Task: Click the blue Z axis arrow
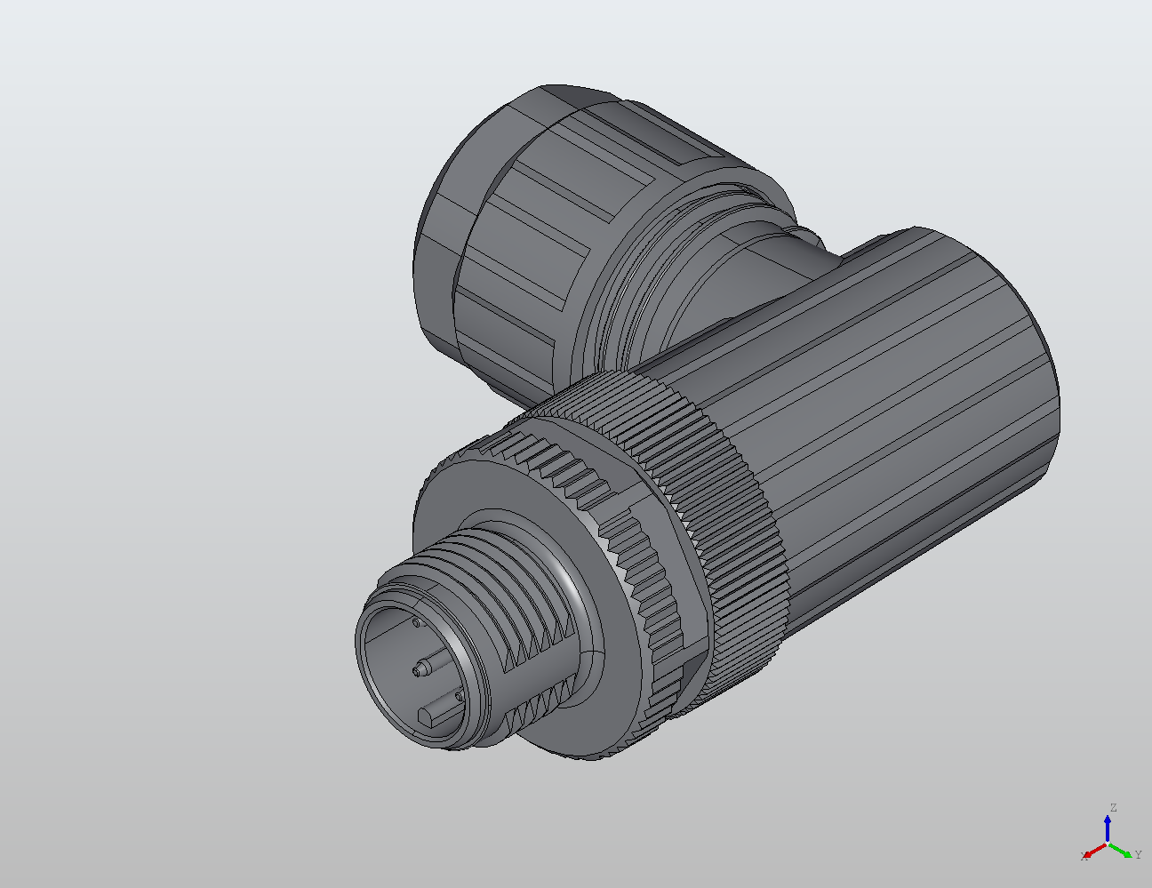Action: click(1108, 828)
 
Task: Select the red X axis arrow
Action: click(1095, 850)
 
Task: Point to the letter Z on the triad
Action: click(1112, 808)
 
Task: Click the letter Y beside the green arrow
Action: click(1138, 855)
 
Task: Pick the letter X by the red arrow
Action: click(1084, 856)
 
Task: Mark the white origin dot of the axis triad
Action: click(1108, 843)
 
